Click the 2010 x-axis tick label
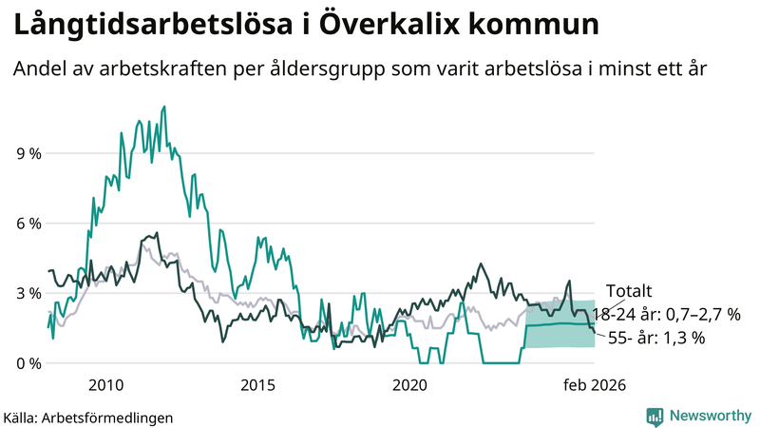(x=105, y=385)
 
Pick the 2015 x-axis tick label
(x=257, y=385)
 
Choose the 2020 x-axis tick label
(x=409, y=385)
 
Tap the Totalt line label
(x=630, y=292)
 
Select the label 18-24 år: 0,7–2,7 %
(x=665, y=314)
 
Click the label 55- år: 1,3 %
(x=655, y=338)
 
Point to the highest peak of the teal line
(x=164, y=107)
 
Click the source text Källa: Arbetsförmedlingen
(x=88, y=417)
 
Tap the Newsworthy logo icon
(x=655, y=416)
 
